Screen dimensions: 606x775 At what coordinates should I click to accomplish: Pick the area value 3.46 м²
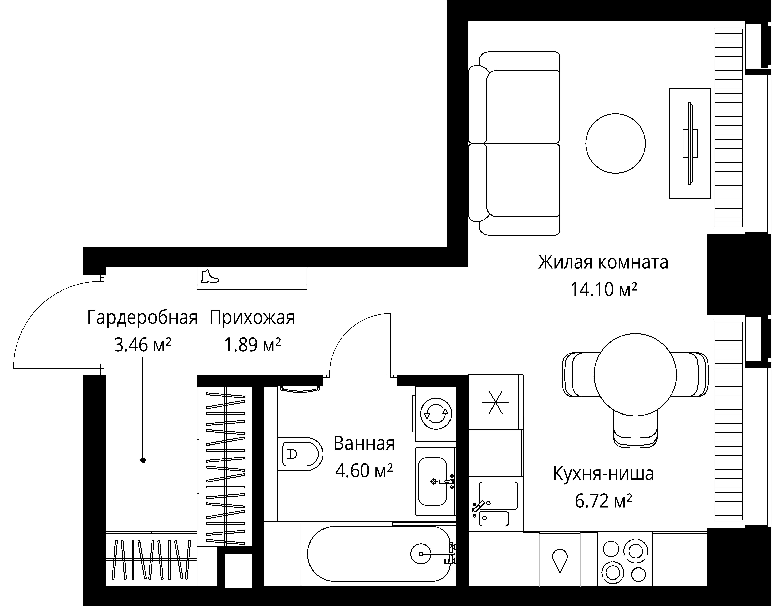tap(143, 344)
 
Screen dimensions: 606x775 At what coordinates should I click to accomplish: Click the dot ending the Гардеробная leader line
tap(143, 461)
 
